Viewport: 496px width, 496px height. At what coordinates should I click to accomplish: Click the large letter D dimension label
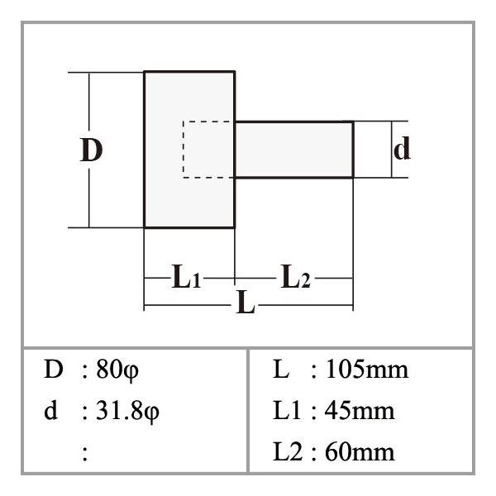click(91, 150)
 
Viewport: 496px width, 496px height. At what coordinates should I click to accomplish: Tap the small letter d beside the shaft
click(402, 148)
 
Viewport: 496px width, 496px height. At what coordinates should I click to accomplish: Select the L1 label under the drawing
click(186, 276)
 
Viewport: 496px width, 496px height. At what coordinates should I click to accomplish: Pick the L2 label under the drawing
click(295, 276)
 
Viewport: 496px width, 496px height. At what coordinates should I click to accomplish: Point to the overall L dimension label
click(246, 302)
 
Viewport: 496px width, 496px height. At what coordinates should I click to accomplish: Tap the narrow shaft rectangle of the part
click(293, 150)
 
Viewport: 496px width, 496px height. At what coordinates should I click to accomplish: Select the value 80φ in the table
click(117, 370)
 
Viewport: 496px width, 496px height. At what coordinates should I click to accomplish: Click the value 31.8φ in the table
click(127, 411)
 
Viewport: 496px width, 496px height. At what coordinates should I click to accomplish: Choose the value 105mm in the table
click(367, 370)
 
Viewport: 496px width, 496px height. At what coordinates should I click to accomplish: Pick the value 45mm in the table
click(360, 411)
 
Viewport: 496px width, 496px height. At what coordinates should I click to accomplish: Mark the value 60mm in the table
click(360, 451)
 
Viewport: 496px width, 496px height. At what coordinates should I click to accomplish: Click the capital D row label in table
click(54, 369)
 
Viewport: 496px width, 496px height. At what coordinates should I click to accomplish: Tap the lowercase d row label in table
click(51, 410)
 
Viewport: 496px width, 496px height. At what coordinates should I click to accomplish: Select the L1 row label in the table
click(287, 411)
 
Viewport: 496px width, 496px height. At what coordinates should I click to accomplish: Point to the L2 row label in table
click(288, 451)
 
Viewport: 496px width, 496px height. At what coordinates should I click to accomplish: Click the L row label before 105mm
click(281, 369)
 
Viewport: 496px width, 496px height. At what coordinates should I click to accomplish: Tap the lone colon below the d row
click(85, 453)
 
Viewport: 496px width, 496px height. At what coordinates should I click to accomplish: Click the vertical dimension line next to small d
click(392, 150)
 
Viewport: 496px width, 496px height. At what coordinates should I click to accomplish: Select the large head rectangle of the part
click(189, 150)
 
